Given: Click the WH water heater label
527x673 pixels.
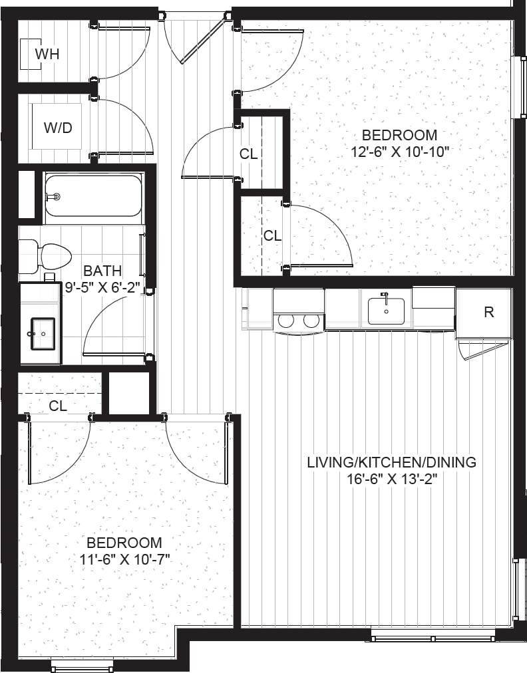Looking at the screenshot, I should [x=47, y=54].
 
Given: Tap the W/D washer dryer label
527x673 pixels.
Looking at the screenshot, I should [x=58, y=128].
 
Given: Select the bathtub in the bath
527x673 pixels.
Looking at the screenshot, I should [x=93, y=196].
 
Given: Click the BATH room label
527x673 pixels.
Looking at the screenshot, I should [x=102, y=271].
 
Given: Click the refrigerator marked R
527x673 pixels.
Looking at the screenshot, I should [x=488, y=312].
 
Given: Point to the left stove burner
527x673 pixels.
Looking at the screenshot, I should [x=286, y=321].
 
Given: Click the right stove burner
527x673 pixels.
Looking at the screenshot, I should [x=311, y=321].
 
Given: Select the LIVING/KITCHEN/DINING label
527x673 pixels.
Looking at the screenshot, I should [x=391, y=462].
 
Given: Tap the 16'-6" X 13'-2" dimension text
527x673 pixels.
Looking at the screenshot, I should [x=391, y=479].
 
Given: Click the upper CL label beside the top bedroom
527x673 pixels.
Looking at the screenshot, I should [x=248, y=154].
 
